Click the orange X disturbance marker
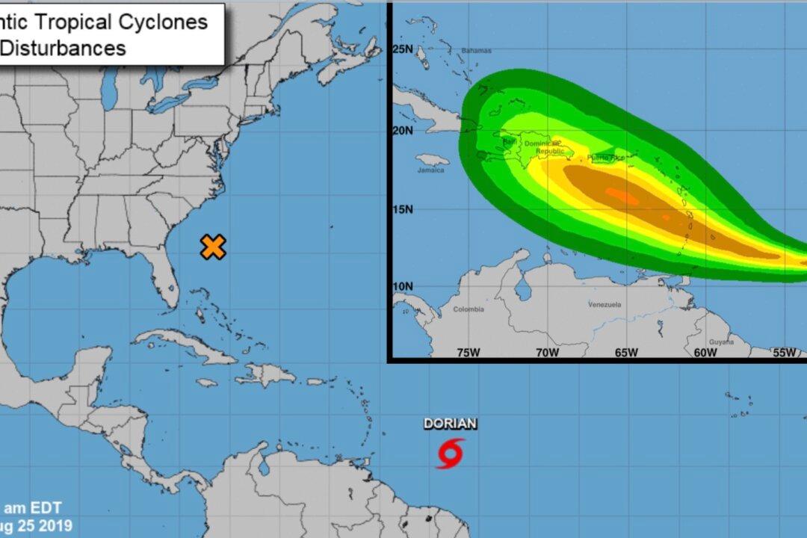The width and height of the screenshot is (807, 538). [x=213, y=247]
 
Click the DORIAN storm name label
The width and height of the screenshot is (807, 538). [x=450, y=424]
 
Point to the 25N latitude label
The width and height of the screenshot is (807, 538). [x=403, y=49]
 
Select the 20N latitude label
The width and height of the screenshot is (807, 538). [x=403, y=131]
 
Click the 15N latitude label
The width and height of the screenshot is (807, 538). [x=403, y=209]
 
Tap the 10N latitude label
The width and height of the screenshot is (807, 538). [x=403, y=286]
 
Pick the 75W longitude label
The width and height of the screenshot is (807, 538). [x=468, y=353]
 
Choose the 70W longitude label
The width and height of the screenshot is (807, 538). [x=547, y=353]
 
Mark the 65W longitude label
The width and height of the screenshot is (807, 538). [x=626, y=353]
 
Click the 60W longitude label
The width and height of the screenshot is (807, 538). [x=705, y=353]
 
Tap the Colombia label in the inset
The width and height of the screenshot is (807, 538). [x=468, y=309]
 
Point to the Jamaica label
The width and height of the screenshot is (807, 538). [x=430, y=170]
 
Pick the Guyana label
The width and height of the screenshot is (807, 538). [x=721, y=341]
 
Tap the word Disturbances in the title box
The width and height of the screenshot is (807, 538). [x=63, y=49]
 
